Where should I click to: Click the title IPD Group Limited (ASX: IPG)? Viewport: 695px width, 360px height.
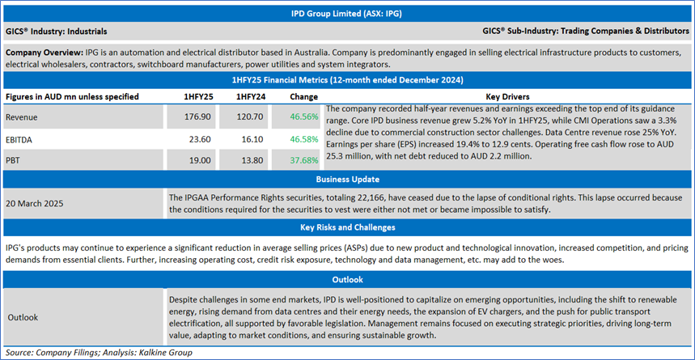tap(347, 14)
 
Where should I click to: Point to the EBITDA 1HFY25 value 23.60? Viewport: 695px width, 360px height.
tap(200, 139)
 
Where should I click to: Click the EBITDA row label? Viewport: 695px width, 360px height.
tap(20, 139)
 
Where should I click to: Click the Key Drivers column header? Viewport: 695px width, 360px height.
tap(507, 96)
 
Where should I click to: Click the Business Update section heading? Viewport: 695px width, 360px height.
tap(347, 180)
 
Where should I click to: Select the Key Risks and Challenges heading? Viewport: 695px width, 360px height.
tap(347, 227)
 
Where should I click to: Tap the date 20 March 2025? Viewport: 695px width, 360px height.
tap(34, 203)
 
